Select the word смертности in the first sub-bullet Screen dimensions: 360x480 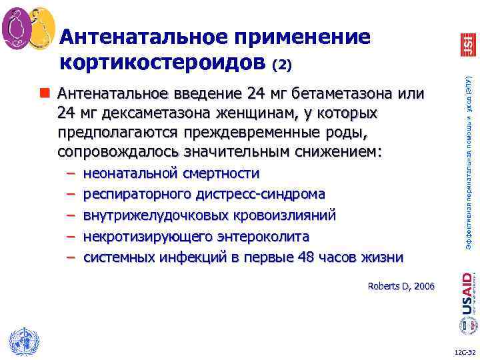click(x=219, y=174)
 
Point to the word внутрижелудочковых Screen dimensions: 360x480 click(x=155, y=215)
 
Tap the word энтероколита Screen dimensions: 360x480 click(x=263, y=236)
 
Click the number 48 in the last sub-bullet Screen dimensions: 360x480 click(x=306, y=257)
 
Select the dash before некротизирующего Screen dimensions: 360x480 click(x=71, y=236)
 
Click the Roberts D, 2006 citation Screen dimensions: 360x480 click(x=401, y=287)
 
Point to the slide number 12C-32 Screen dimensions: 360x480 click(x=463, y=352)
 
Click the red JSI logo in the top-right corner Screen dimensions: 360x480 click(x=468, y=43)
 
